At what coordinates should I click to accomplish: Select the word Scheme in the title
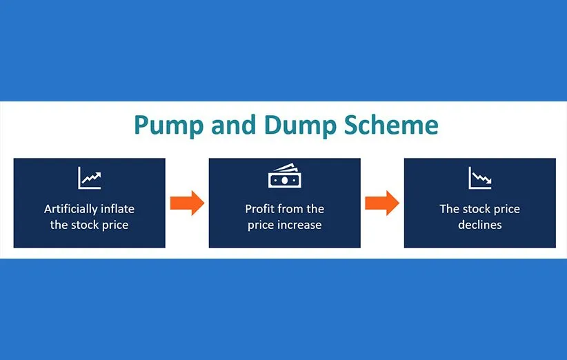391,125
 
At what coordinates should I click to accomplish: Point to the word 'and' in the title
234,125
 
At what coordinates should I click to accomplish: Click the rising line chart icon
89,178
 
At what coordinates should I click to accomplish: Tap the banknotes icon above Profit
285,176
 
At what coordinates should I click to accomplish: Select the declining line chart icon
480,178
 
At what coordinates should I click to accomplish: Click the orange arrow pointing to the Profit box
188,203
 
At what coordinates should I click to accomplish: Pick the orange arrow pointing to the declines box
382,203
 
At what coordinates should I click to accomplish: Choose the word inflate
117,208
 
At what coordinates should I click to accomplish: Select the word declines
480,225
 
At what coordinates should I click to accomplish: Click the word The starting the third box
450,208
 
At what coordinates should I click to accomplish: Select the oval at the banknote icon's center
285,181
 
